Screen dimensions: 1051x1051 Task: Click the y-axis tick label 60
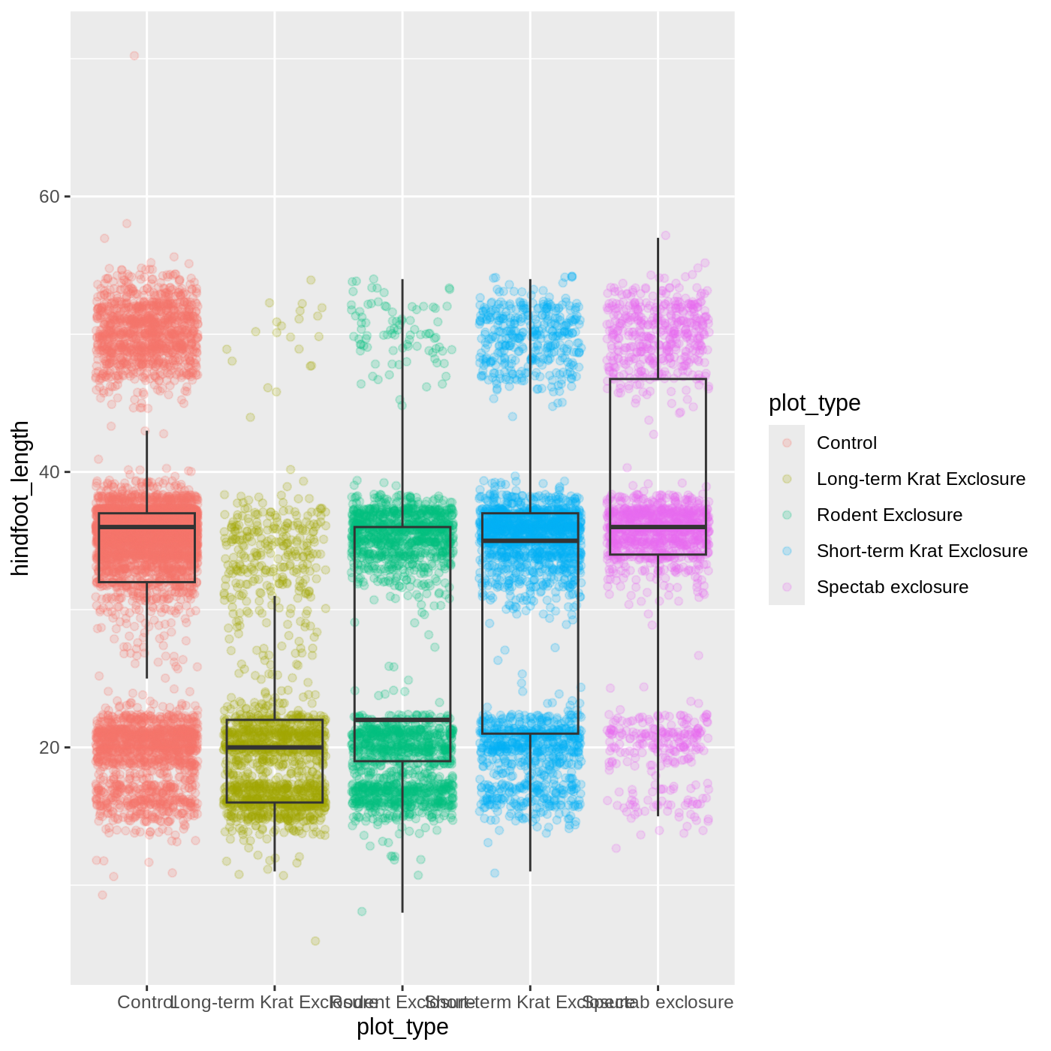tap(49, 197)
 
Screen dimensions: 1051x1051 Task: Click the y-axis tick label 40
tap(49, 472)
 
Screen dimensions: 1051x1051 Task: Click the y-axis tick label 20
tap(49, 748)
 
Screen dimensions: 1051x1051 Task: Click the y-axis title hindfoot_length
tap(20, 498)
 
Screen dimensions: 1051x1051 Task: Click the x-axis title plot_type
tap(402, 1026)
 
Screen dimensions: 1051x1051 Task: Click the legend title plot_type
tap(815, 403)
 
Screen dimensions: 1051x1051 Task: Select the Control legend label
tap(846, 443)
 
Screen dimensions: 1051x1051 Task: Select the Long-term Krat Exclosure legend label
tap(920, 479)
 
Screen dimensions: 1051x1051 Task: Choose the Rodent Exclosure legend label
tap(889, 515)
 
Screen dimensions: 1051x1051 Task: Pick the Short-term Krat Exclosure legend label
tap(922, 551)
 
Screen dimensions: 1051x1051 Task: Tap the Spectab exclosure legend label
tap(892, 587)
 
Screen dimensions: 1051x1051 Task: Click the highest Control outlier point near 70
tap(134, 56)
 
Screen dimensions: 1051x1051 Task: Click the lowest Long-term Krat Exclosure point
tap(315, 941)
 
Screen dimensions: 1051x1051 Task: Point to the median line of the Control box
tap(147, 527)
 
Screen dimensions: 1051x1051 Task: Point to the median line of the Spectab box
tap(658, 527)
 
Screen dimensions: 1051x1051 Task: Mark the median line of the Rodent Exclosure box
tap(402, 720)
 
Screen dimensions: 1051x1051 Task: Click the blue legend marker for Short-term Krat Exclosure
tap(787, 551)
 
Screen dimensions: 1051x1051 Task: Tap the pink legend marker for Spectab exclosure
tap(787, 587)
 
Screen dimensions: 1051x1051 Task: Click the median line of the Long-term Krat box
tap(275, 748)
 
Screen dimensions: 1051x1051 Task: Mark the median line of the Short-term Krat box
tap(530, 541)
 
